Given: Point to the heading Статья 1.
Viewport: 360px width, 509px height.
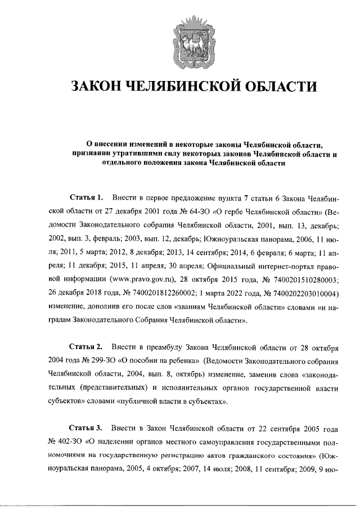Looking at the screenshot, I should click(x=86, y=198).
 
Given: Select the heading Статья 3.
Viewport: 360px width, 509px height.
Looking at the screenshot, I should click(x=86, y=428).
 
